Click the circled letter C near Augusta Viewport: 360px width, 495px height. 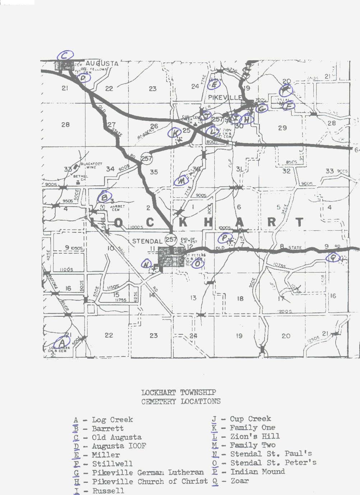65,56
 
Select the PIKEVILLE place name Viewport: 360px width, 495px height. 225,97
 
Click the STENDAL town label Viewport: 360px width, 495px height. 147,241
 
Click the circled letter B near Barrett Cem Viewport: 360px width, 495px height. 104,197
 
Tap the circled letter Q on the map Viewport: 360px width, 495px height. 333,257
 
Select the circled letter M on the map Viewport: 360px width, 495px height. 182,180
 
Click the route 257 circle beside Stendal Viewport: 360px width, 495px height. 171,240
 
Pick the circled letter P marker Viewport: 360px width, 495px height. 225,237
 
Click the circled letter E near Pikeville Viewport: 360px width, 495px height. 214,85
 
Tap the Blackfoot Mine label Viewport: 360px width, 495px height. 91,165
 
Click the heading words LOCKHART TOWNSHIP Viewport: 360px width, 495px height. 178,392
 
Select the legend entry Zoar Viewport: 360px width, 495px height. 239,481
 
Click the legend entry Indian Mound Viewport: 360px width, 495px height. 257,472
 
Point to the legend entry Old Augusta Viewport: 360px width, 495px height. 116,437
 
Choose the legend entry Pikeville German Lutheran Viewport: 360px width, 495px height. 148,472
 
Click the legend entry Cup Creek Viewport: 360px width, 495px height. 250,419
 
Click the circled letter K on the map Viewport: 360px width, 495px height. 175,133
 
